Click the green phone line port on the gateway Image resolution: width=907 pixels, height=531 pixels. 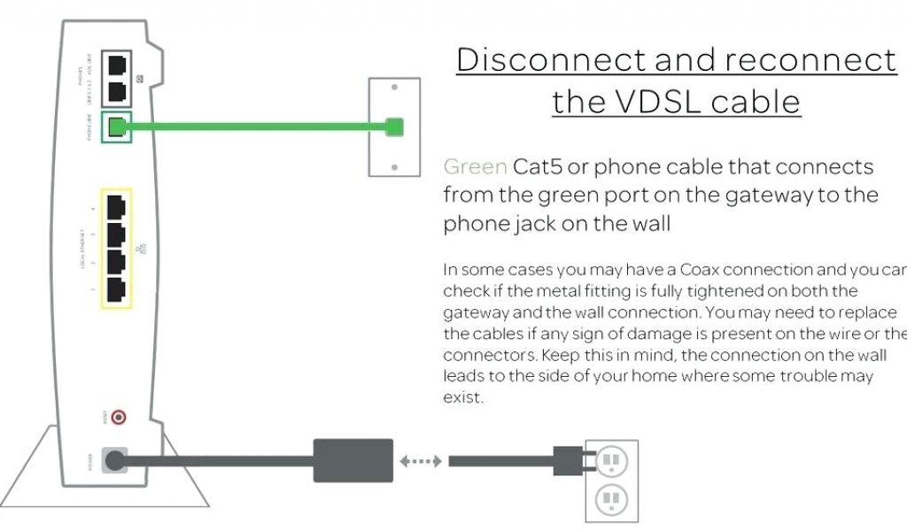point(117,127)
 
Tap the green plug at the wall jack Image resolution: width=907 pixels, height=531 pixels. point(395,127)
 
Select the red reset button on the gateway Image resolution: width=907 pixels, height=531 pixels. point(116,417)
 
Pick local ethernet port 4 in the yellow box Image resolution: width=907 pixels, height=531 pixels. point(117,207)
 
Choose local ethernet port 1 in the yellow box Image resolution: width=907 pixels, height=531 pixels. point(117,289)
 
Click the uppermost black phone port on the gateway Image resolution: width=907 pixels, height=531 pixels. point(117,65)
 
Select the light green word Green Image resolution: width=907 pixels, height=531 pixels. point(476,166)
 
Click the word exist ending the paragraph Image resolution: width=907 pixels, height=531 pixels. point(462,397)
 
